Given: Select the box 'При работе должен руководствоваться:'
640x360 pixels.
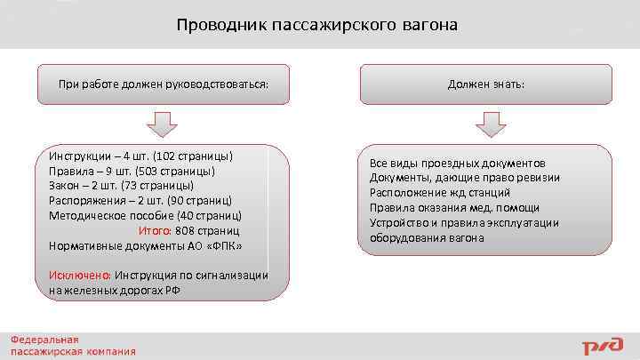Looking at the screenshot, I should tap(163, 84).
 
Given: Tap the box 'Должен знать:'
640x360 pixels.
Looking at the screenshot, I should tap(485, 84).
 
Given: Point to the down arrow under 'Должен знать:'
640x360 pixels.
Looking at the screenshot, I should tap(490, 124).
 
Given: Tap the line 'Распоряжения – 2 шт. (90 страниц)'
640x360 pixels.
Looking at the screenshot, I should tap(140, 200).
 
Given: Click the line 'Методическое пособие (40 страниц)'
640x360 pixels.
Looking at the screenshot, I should tap(145, 215).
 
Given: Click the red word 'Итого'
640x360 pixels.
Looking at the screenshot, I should tap(155, 230).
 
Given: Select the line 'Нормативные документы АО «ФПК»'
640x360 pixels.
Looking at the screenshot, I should tap(145, 245).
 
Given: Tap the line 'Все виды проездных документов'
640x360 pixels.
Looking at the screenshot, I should tap(457, 164).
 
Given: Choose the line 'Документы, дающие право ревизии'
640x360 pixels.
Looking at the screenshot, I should tap(464, 178).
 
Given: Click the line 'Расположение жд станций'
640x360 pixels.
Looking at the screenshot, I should tap(440, 193).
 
